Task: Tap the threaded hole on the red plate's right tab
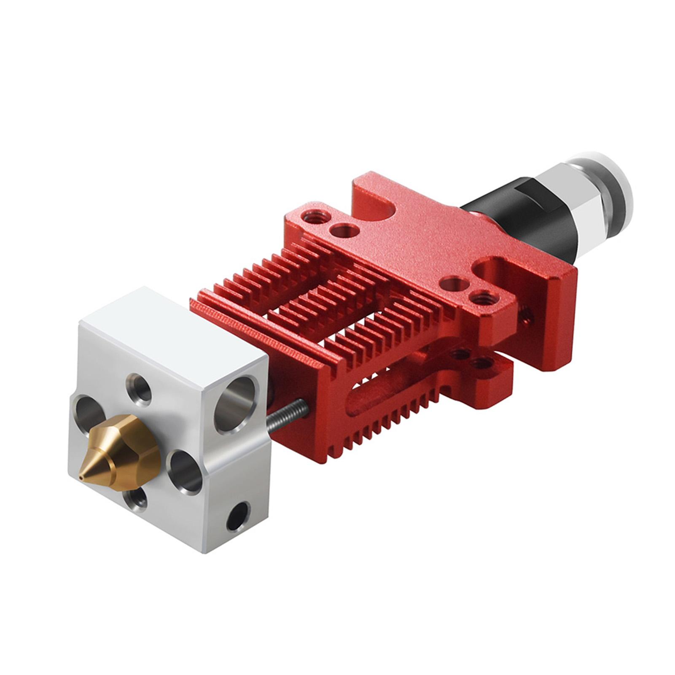click(x=479, y=297)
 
